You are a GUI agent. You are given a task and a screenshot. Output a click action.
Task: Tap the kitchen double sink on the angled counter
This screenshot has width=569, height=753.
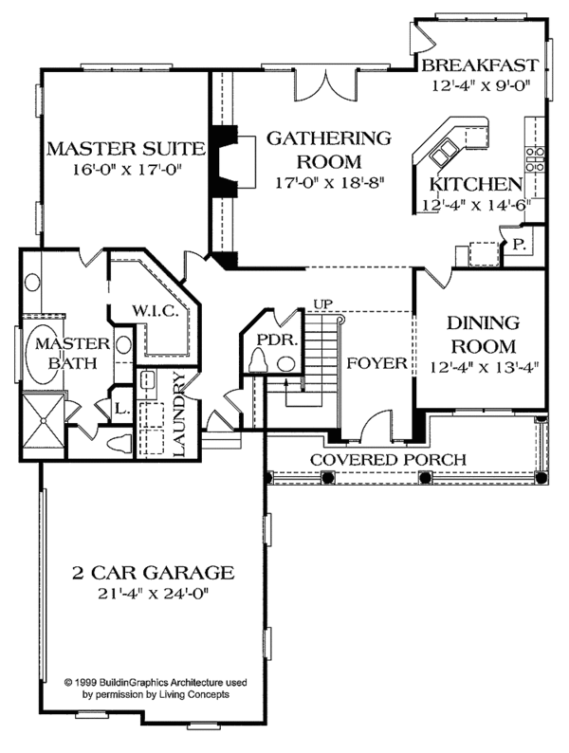pyautogui.click(x=445, y=149)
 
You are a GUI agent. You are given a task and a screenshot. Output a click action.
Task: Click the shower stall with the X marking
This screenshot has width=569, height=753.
pyautogui.click(x=43, y=418)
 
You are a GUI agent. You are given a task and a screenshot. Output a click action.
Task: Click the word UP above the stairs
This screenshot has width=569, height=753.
pyautogui.click(x=323, y=304)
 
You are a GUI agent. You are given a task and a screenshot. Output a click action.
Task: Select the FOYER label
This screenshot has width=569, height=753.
pyautogui.click(x=376, y=363)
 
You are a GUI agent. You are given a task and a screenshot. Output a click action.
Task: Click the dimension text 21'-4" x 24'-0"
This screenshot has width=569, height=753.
pyautogui.click(x=153, y=595)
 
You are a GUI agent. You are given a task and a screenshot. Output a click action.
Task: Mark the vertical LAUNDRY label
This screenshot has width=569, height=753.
pyautogui.click(x=181, y=414)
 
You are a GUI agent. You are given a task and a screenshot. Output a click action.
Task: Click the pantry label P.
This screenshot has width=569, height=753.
pyautogui.click(x=520, y=244)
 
